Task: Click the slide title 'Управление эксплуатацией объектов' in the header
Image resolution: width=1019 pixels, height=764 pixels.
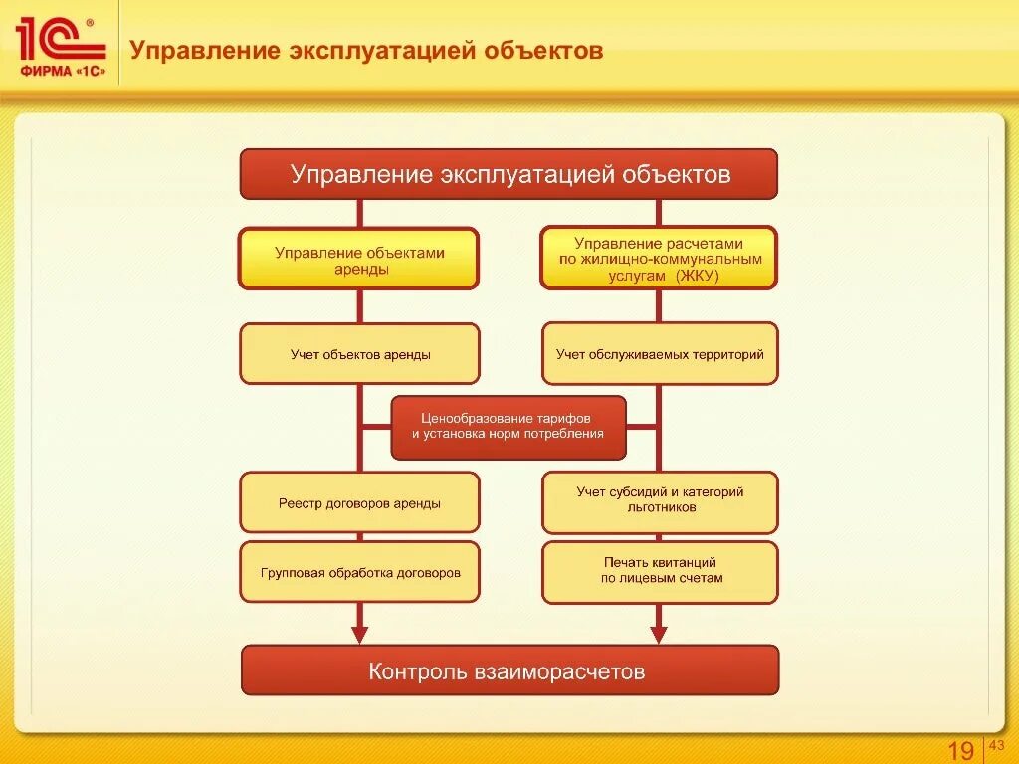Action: click(x=368, y=50)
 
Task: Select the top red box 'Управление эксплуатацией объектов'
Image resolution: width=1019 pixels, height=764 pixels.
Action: click(x=509, y=174)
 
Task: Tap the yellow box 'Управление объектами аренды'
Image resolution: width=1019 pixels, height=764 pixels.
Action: click(x=358, y=259)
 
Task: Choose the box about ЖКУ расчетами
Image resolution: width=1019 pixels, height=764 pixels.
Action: click(x=659, y=259)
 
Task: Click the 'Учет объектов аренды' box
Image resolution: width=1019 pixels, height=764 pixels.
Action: click(x=359, y=353)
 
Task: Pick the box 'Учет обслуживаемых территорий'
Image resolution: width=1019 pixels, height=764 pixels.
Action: click(x=660, y=353)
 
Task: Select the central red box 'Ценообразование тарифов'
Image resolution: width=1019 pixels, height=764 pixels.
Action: click(x=509, y=427)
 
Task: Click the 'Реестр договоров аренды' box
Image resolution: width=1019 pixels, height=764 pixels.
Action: click(x=359, y=502)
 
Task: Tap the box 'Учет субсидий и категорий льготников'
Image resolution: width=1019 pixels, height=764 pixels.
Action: click(x=660, y=500)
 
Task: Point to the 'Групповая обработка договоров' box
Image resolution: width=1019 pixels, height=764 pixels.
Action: click(x=359, y=572)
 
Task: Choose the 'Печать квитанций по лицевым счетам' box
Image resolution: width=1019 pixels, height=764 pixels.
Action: click(x=660, y=571)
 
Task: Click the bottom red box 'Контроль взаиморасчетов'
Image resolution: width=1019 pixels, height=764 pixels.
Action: click(x=509, y=670)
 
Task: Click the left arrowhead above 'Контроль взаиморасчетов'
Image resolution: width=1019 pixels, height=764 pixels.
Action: click(x=359, y=634)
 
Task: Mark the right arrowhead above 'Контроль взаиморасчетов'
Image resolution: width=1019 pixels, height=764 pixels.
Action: click(x=658, y=634)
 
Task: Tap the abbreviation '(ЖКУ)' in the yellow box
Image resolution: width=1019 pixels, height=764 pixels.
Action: click(x=697, y=277)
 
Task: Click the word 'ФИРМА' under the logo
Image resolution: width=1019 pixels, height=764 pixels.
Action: click(x=43, y=71)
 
